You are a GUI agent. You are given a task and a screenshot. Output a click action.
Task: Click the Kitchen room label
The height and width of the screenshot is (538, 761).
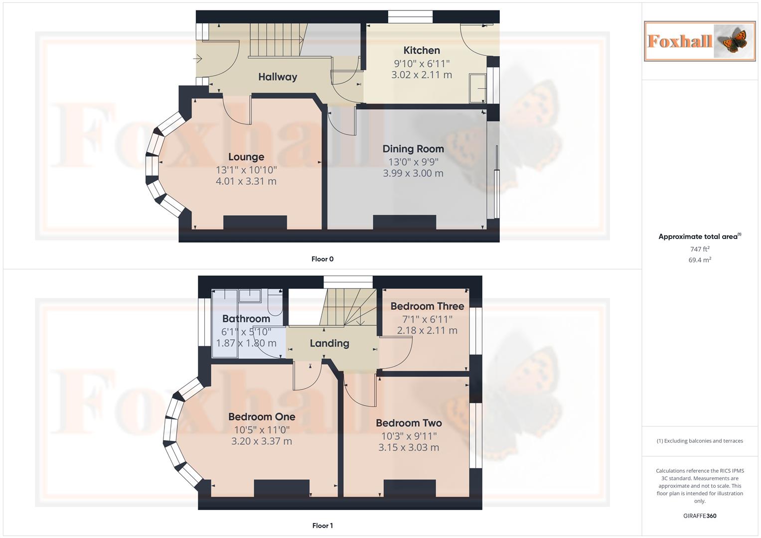click(x=422, y=50)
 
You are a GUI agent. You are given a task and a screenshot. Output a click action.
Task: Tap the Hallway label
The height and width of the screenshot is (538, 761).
click(x=278, y=77)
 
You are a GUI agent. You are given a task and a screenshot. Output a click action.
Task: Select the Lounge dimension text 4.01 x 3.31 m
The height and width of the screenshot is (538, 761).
click(x=246, y=181)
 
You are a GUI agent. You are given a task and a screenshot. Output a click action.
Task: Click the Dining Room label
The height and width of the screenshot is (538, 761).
click(x=413, y=149)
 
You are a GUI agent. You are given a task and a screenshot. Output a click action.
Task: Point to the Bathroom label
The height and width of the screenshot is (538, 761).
click(x=246, y=319)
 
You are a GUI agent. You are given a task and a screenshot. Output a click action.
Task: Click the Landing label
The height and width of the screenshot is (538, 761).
click(x=329, y=343)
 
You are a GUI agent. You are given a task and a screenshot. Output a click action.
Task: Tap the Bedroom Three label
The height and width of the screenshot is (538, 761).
click(x=427, y=306)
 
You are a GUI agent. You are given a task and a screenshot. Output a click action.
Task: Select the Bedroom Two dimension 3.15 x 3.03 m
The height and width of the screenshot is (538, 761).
click(x=409, y=447)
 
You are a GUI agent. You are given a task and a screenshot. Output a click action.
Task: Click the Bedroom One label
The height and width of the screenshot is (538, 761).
click(x=262, y=417)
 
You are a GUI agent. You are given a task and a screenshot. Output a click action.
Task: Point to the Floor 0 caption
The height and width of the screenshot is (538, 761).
click(x=322, y=259)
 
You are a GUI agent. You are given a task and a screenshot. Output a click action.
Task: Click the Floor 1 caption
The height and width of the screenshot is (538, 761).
click(x=322, y=526)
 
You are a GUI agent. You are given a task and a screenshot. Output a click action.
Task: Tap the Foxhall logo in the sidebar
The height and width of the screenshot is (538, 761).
click(x=700, y=41)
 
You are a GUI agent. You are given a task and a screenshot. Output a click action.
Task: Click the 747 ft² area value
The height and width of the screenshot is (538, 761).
click(x=700, y=249)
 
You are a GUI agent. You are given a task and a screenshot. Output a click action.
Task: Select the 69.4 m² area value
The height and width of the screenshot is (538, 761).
click(x=700, y=260)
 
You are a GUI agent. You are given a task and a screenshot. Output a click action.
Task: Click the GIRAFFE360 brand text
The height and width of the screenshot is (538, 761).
click(x=700, y=516)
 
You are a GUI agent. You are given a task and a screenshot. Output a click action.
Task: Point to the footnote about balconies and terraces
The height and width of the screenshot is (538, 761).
click(x=700, y=441)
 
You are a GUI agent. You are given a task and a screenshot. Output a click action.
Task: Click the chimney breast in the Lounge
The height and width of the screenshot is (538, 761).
click(x=255, y=222)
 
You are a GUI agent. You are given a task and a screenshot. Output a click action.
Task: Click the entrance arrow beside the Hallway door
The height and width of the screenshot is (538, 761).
click(x=197, y=59)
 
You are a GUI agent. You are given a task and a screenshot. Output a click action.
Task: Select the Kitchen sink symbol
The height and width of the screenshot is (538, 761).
click(x=478, y=89)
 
